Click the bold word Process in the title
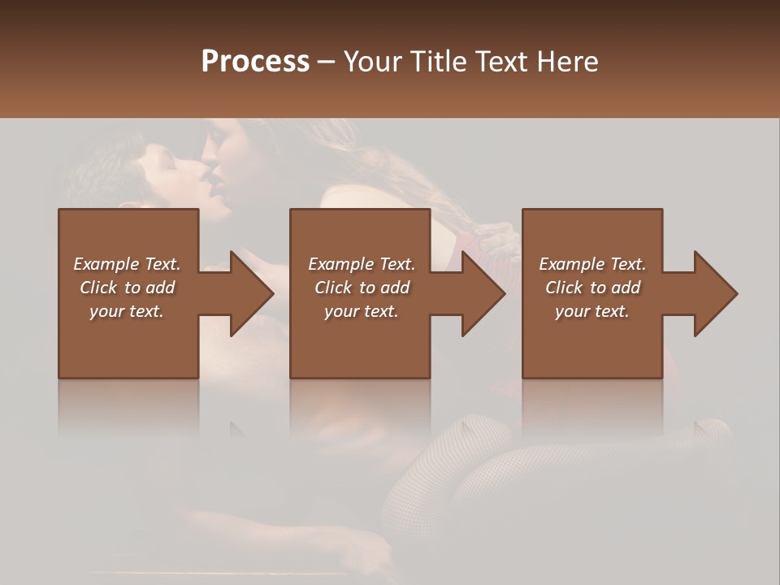point(255,61)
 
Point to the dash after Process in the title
point(326,62)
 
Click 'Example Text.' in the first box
point(127,264)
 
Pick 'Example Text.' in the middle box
point(361,264)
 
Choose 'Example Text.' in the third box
point(592,264)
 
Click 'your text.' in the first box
point(127,311)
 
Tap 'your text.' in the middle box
point(361,311)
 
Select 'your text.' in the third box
point(592,311)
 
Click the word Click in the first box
point(98,288)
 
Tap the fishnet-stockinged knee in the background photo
point(487,431)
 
